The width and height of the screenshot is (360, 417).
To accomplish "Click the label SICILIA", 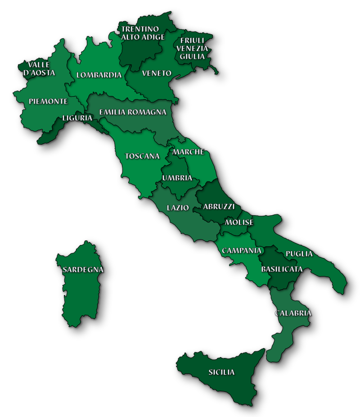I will point(221,372).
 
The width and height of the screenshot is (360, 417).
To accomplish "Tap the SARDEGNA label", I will point(83,270).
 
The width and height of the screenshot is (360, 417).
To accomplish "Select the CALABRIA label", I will point(293,313).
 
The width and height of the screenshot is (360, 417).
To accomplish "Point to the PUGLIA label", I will point(299,254).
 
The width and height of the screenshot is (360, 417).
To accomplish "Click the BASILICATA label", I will point(282,269).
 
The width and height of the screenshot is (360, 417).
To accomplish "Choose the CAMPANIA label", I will point(242,250).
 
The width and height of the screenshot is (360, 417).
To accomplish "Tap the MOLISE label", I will point(239,222).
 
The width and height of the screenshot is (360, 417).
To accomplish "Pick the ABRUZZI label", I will point(219,207).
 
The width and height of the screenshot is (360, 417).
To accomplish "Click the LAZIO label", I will point(178,208).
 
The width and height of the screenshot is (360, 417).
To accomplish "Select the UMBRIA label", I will point(177,178).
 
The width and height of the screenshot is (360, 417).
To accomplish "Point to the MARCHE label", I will point(188,152).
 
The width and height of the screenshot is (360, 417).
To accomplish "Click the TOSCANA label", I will point(142,156).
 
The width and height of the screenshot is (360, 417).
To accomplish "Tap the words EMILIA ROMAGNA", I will point(133,112).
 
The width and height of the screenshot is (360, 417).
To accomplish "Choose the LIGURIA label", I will point(77,118).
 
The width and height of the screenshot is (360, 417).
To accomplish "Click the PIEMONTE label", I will point(48,101).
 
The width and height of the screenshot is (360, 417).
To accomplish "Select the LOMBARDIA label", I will point(99,75).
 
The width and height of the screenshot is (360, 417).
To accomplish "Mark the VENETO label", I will point(157,73).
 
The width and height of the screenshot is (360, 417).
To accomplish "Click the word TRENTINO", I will point(140,29).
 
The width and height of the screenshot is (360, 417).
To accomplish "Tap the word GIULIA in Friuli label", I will point(192,56).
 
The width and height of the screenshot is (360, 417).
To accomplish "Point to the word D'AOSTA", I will point(39,73).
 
